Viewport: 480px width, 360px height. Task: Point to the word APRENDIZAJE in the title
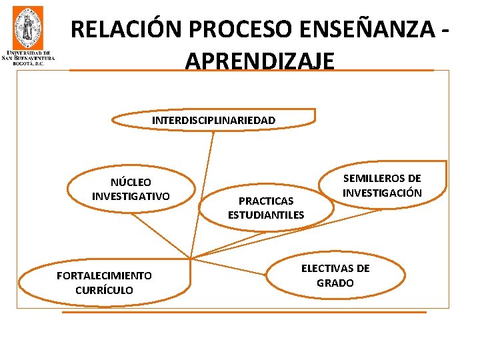(260, 61)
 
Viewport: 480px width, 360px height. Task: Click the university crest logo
(27, 27)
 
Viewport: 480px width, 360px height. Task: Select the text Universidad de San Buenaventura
(29, 56)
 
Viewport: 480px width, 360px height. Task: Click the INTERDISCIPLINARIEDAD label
(213, 121)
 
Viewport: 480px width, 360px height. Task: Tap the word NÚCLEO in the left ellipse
(131, 182)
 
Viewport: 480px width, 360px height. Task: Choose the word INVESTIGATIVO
(131, 196)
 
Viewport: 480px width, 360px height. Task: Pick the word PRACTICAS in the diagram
(265, 201)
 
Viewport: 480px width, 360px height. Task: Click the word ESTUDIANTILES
(265, 215)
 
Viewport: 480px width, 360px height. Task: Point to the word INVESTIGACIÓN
(382, 193)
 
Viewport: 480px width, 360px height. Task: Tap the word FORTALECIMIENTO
(104, 275)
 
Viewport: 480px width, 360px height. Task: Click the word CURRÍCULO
(104, 290)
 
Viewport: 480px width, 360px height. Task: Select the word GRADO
(335, 283)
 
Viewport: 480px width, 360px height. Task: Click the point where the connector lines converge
(191, 258)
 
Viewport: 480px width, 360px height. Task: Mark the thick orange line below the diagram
(243, 311)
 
